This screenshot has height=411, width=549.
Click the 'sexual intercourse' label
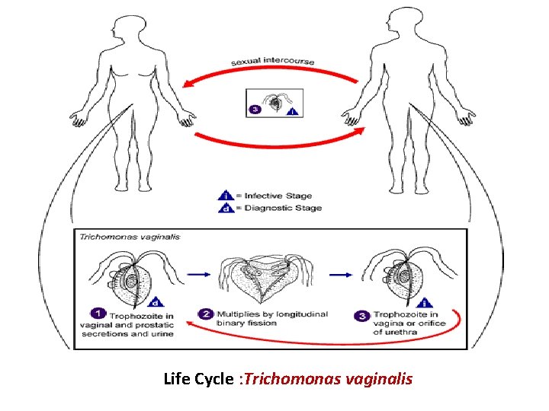coord(273,62)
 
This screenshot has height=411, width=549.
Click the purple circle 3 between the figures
coord(254,110)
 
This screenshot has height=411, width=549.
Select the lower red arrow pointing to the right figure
coord(278,141)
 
